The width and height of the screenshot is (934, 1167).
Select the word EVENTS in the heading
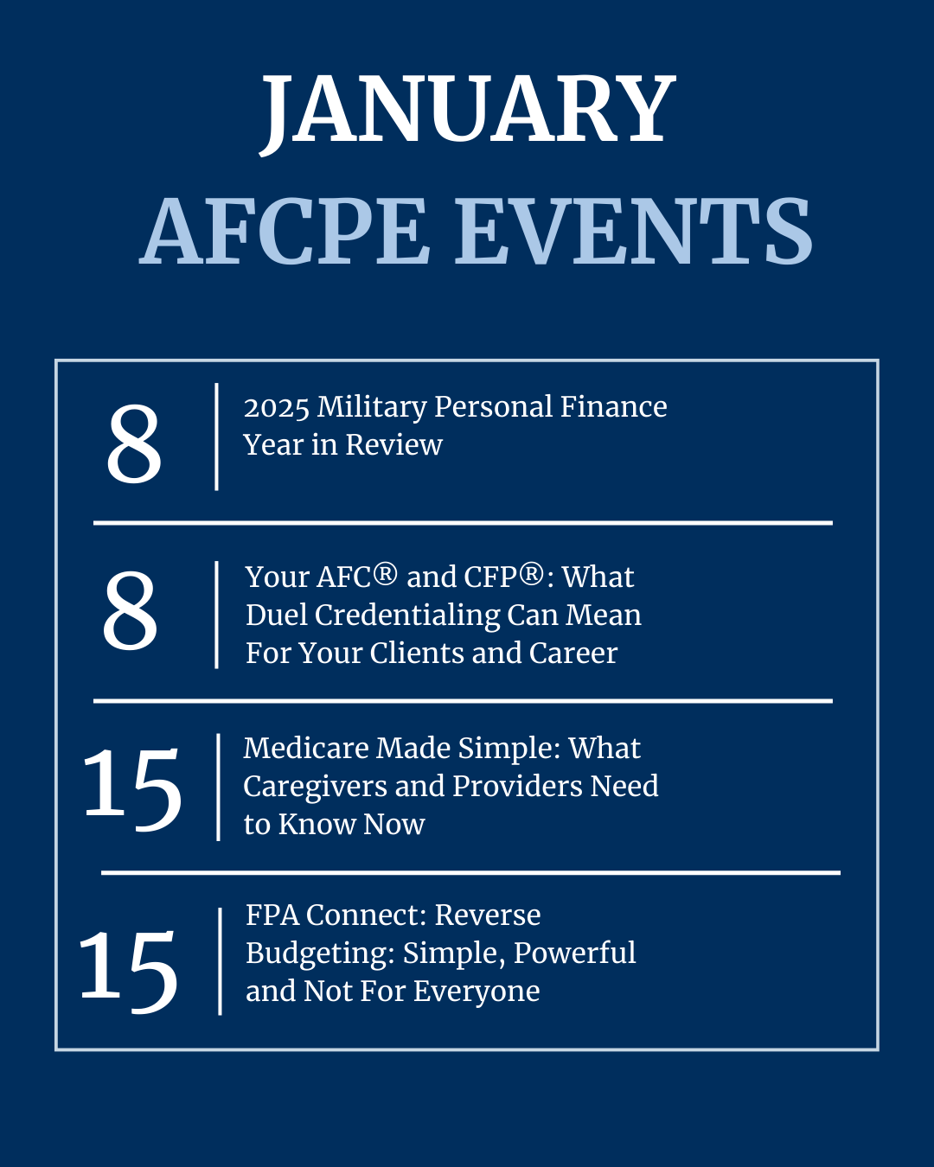pos(633,232)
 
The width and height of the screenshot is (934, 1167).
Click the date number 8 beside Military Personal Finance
pos(134,443)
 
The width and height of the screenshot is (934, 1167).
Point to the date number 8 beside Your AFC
pos(131,610)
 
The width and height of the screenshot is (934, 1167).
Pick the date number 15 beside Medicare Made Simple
pos(131,788)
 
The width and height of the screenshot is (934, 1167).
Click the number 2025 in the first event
pos(277,406)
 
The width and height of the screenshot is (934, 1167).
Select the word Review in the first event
pos(394,444)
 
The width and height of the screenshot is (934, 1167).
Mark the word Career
pos(573,653)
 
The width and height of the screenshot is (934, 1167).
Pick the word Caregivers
pos(316,788)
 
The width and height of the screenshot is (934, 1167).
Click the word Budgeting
pos(320,954)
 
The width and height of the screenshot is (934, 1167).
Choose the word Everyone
pos(477,992)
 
